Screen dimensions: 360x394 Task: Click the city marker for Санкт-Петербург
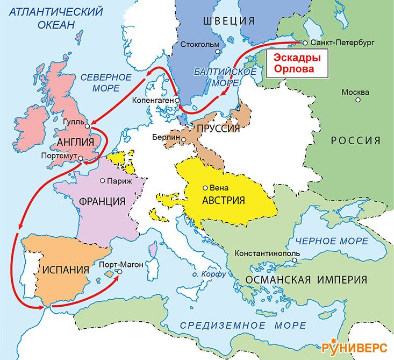click(305, 43)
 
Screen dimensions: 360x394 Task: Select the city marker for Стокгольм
click(218, 52)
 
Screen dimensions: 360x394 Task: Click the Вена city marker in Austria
click(205, 188)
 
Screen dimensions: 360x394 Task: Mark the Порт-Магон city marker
click(119, 272)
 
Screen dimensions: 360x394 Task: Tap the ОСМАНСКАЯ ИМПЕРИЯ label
click(306, 280)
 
